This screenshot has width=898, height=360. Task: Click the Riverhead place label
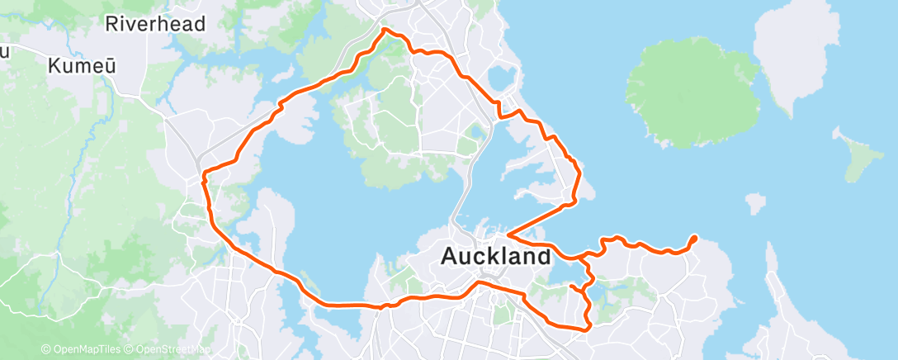[155, 24]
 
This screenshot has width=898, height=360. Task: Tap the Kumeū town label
[81, 65]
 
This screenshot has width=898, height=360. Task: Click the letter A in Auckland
[451, 256]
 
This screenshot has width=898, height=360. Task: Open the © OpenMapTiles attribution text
[83, 350]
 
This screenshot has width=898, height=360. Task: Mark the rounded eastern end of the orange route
[693, 239]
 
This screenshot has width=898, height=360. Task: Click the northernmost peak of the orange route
[385, 30]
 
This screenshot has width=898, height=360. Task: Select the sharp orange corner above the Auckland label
[508, 234]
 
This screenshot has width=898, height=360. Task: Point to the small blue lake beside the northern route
[500, 78]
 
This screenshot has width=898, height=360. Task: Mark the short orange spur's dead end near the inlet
[571, 286]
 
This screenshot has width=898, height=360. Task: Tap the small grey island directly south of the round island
[754, 203]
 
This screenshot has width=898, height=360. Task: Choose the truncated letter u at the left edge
[4, 52]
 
